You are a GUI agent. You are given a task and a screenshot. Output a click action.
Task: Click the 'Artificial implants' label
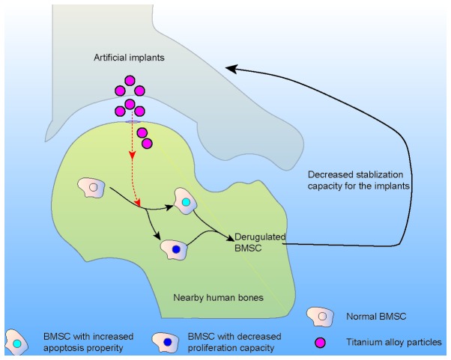coord(129,58)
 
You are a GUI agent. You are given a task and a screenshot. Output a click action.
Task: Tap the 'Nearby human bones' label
coord(218,297)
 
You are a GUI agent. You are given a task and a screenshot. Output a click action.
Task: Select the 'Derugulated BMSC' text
coord(260,242)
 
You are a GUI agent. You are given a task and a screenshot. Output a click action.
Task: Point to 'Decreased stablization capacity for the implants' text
coord(359,180)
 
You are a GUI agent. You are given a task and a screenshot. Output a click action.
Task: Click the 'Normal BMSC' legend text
coord(376,317)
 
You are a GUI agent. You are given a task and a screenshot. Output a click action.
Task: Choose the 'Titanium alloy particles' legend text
coord(394,342)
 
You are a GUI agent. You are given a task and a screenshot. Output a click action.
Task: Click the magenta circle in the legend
coord(320,343)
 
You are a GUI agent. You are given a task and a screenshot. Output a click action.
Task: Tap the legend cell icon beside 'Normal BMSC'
coord(321,317)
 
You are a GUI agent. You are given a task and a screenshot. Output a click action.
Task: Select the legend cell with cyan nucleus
coord(17,343)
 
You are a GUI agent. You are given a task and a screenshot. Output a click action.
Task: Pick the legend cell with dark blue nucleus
coord(167,343)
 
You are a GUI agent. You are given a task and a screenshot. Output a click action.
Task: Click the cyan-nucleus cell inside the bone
coord(185,201)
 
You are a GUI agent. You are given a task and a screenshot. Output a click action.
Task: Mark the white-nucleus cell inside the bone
coord(92,188)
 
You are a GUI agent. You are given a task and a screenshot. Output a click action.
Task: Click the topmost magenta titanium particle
coord(130,81)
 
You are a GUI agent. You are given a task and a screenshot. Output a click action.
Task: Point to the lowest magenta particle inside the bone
coord(147,144)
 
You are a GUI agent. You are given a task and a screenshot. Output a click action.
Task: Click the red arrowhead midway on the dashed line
coord(132,156)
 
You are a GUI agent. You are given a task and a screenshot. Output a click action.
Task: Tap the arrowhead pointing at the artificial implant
coord(231,69)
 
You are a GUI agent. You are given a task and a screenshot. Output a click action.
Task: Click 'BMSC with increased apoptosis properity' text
coord(88,342)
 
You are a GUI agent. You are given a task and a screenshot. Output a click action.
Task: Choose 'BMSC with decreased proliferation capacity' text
coord(234,342)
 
